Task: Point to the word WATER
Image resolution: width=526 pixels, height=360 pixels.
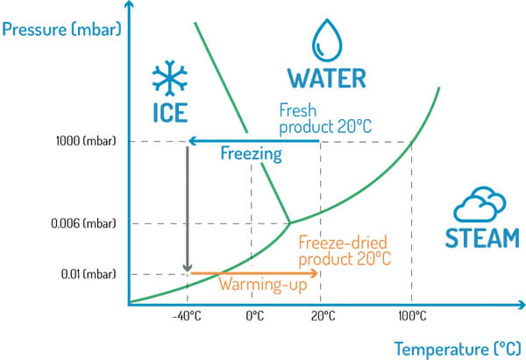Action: coord(327,79)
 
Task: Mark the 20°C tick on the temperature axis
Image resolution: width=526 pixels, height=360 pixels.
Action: coord(320,315)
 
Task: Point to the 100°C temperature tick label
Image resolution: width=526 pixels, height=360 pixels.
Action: coord(411,315)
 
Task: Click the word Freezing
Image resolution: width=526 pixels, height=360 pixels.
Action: coord(251,155)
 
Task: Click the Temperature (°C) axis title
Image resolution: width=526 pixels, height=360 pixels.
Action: coord(455,347)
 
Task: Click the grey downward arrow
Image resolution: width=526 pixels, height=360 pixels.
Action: coord(187,210)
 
